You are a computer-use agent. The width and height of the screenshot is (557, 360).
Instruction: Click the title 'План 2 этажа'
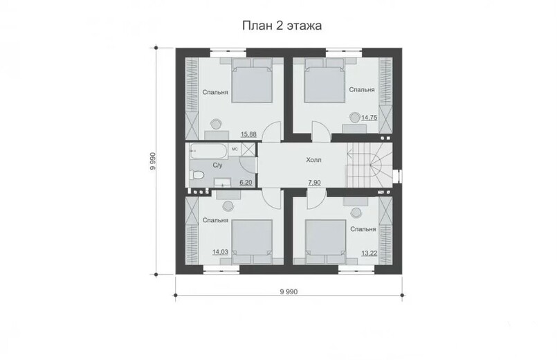point(282,26)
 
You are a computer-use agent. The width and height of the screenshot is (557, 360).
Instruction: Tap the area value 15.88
point(248,134)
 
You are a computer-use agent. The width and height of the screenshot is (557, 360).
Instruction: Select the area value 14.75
point(369,118)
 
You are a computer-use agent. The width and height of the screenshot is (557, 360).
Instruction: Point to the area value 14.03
point(220,252)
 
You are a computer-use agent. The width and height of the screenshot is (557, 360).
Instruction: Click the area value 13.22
point(369,253)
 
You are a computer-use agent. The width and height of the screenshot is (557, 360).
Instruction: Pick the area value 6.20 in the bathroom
point(246,183)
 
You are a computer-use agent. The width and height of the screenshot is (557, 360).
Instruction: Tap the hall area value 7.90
point(314,183)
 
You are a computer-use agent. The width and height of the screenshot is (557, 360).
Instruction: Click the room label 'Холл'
point(313,160)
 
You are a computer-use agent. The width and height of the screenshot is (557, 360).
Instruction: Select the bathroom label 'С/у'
point(217,165)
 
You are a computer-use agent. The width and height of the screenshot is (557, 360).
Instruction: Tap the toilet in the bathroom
point(197,175)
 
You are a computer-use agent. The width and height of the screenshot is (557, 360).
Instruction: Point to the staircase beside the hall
point(369,165)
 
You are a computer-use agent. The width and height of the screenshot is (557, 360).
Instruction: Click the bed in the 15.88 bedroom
point(253,80)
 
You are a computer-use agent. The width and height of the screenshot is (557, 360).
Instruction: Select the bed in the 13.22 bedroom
point(325,242)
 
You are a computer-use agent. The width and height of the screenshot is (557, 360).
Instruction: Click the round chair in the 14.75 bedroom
point(354,117)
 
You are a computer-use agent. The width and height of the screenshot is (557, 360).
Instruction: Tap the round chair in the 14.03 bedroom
point(228,206)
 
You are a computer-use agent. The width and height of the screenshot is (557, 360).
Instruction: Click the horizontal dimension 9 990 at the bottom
point(289,292)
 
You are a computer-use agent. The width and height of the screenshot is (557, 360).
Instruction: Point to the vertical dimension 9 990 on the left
point(153,161)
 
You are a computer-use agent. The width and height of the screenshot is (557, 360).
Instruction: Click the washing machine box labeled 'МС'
point(235,150)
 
